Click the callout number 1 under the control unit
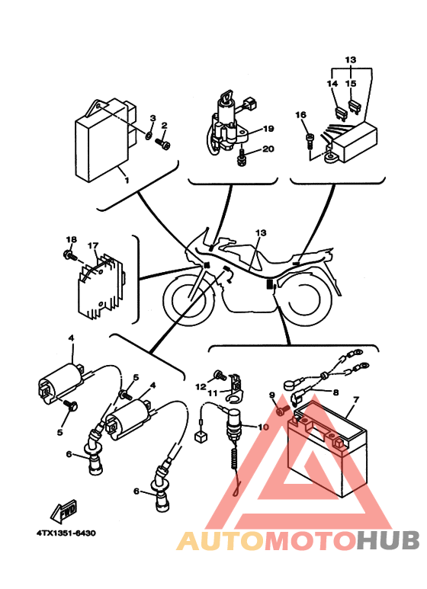[x=127, y=181]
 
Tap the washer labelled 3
[x=149, y=134]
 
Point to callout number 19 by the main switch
[x=268, y=129]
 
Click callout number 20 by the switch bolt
[x=268, y=149]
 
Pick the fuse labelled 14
[x=340, y=113]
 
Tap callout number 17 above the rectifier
[x=93, y=245]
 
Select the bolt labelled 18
[x=70, y=256]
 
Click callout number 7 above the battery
[x=355, y=399]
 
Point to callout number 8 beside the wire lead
[x=335, y=392]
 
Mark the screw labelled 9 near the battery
[x=282, y=410]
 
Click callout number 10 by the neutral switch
[x=263, y=427]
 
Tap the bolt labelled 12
[x=220, y=375]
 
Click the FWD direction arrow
[x=64, y=511]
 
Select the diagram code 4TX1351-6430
[x=66, y=533]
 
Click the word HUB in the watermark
[x=388, y=540]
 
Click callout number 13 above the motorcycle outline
[x=261, y=233]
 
